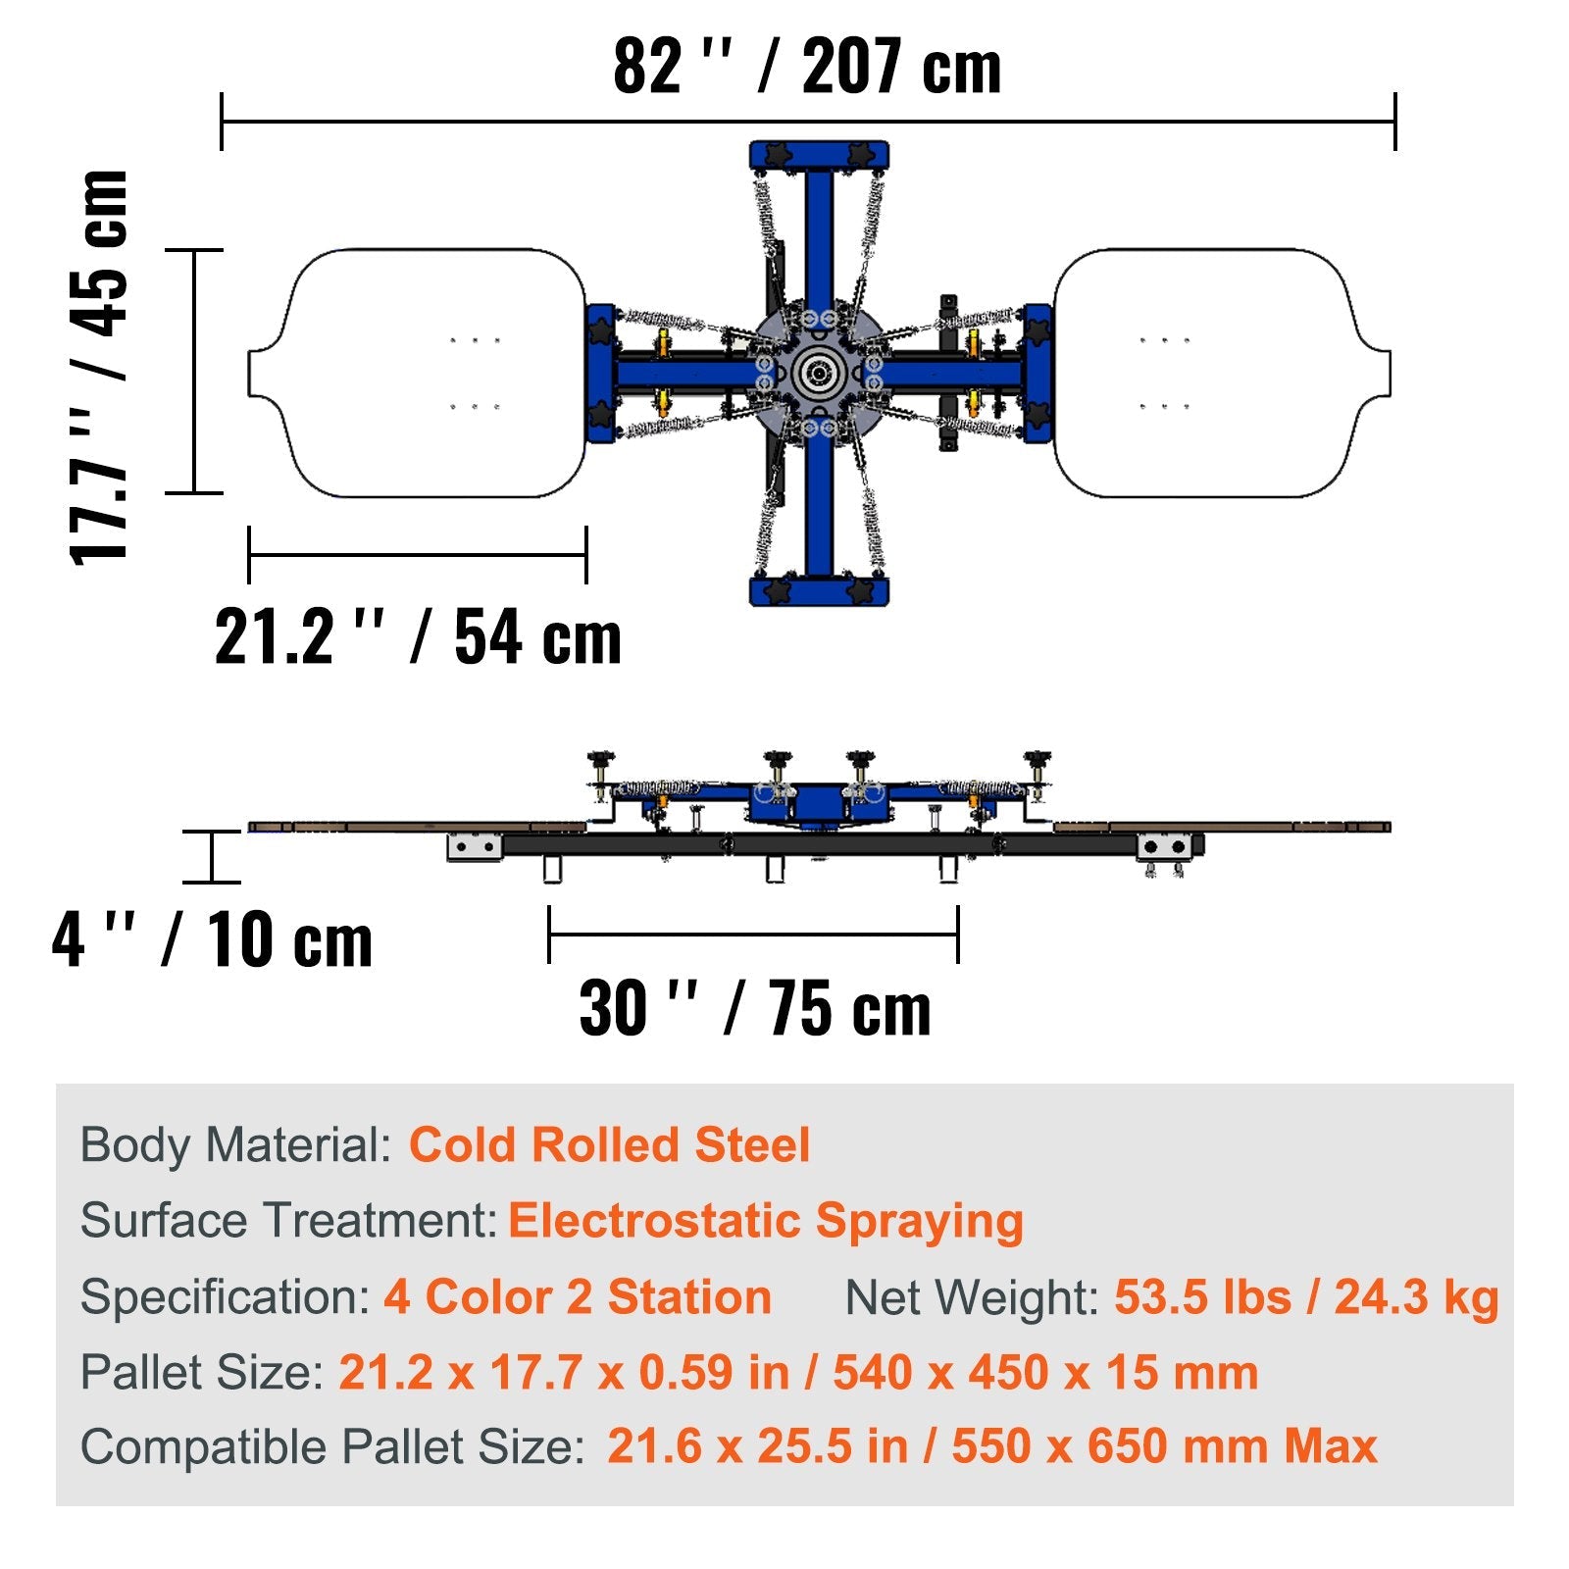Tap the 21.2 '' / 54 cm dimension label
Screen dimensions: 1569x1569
click(418, 637)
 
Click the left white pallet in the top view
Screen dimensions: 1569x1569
click(422, 373)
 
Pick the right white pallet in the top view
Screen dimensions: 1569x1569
click(1216, 373)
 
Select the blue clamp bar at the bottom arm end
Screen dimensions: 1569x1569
click(819, 591)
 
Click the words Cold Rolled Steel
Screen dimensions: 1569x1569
click(609, 1144)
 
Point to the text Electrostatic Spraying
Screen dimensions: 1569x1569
click(765, 1221)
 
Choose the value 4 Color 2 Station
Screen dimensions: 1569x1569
click(577, 1296)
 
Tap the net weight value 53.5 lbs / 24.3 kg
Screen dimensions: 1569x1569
click(1305, 1296)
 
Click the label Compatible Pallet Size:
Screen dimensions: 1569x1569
click(332, 1446)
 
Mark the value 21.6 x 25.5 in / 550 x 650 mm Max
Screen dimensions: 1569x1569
click(991, 1446)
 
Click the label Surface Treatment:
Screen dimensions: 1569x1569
click(289, 1221)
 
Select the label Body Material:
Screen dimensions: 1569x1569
click(236, 1144)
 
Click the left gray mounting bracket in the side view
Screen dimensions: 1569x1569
click(475, 847)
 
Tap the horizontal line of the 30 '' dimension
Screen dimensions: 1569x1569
click(753, 934)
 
